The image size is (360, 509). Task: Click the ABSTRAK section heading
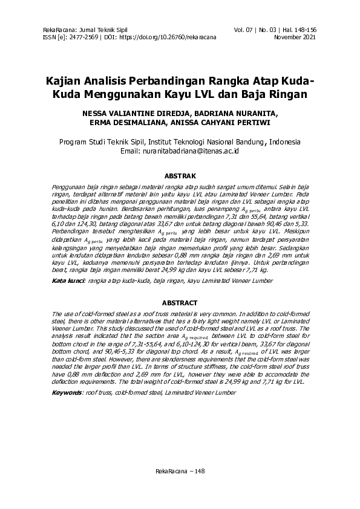click(x=180, y=176)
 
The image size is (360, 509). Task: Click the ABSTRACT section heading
click(x=180, y=302)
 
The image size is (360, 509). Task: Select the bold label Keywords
click(x=67, y=392)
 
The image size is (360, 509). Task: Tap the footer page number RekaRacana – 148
click(x=180, y=470)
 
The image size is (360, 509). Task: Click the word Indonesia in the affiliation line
click(x=284, y=142)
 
